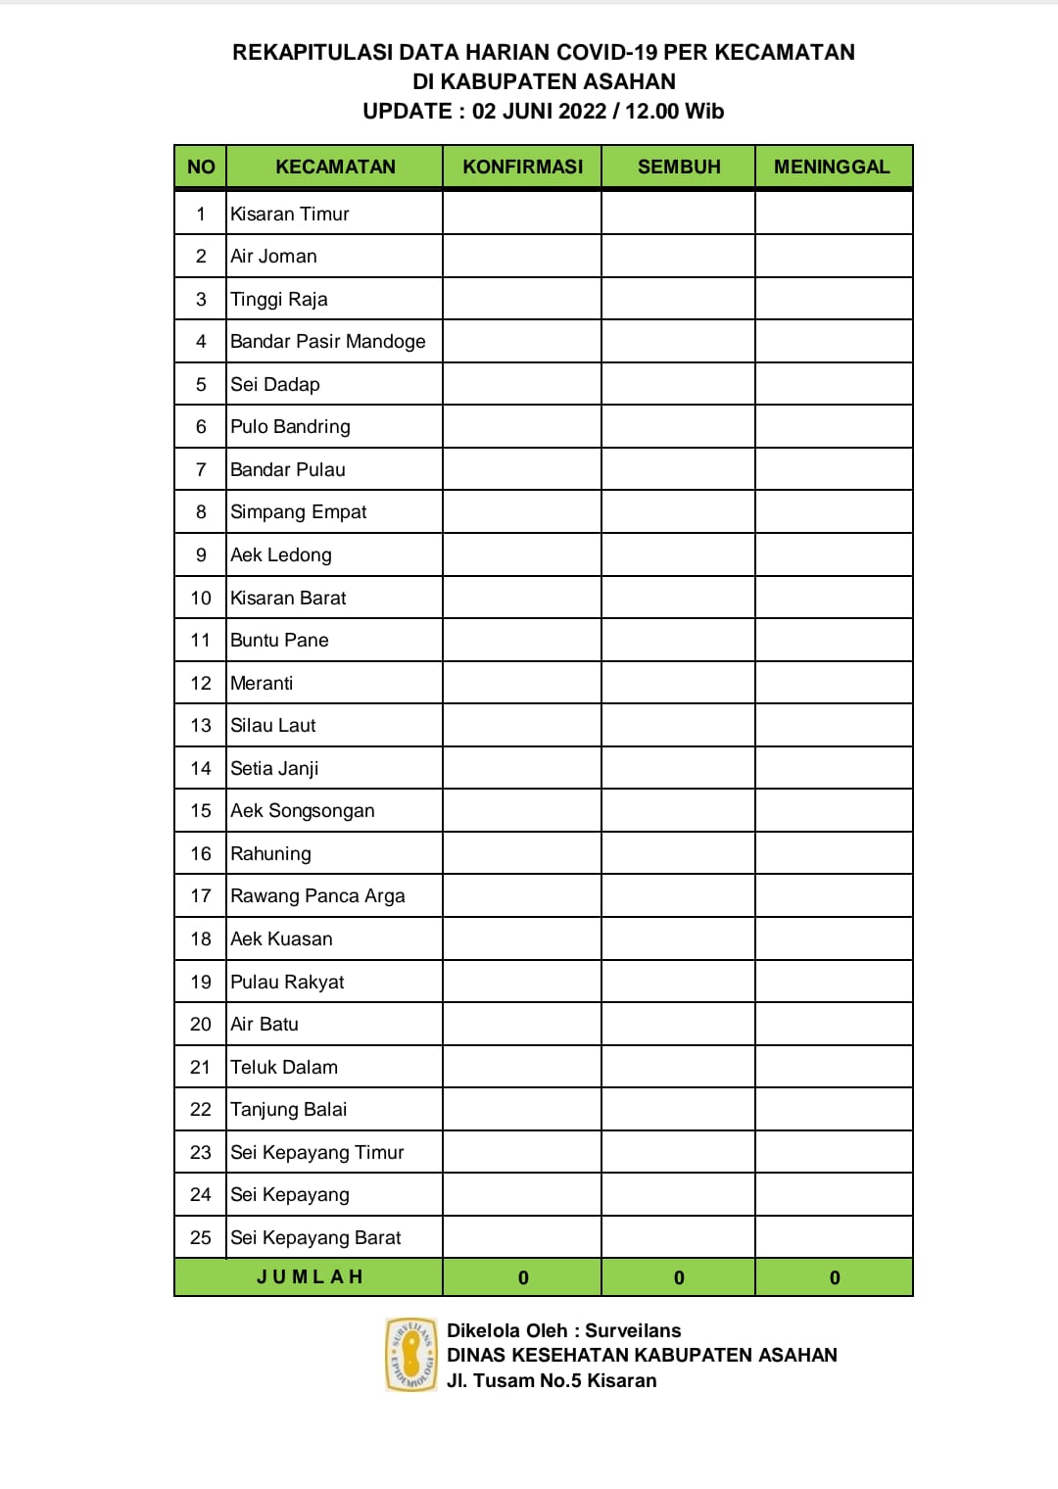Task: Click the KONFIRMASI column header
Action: [x=522, y=167]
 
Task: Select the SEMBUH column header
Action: [x=679, y=167]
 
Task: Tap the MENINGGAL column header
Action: [x=832, y=167]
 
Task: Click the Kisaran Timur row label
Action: [x=290, y=214]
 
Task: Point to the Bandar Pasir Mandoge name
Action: [x=328, y=341]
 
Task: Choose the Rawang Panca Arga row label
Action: [x=317, y=895]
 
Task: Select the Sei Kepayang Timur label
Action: [x=317, y=1152]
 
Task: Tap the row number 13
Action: [x=201, y=725]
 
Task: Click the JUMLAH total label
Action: [x=310, y=1276]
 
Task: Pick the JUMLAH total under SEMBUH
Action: [x=679, y=1277]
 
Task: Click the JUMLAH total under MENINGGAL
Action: [x=835, y=1277]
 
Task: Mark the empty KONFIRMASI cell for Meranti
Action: [x=522, y=683]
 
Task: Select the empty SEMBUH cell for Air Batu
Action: [x=679, y=1024]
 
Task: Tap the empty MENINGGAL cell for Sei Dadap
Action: [x=834, y=384]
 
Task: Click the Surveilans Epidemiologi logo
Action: [x=411, y=1355]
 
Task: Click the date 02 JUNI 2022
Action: [x=539, y=111]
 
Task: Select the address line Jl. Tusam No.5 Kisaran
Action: [x=552, y=1380]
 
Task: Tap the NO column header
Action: [x=201, y=167]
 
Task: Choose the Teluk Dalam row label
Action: [x=284, y=1067]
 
